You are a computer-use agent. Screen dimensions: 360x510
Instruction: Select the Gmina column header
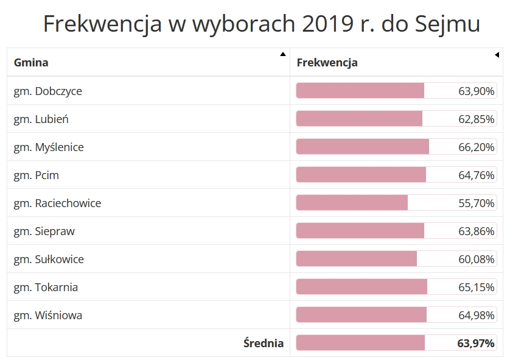(x=31, y=62)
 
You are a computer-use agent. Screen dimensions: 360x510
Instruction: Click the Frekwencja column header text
(x=327, y=62)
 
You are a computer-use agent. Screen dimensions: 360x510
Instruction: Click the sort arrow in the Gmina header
(x=282, y=54)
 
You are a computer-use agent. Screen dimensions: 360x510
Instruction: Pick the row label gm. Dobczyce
(x=47, y=91)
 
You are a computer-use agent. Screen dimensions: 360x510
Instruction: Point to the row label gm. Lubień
(x=41, y=119)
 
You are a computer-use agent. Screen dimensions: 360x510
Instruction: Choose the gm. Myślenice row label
(x=49, y=147)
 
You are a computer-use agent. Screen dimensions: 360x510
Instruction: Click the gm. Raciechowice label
(x=57, y=203)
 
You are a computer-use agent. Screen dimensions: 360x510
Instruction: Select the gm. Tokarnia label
(x=46, y=288)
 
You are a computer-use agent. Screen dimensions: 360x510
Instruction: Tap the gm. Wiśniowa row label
(x=47, y=316)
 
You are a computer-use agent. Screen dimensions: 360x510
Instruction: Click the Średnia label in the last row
(x=264, y=343)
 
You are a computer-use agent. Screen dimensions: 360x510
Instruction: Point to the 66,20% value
(x=477, y=147)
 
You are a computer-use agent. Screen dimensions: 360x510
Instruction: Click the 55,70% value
(x=477, y=203)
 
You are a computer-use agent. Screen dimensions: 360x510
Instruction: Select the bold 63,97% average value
(x=476, y=343)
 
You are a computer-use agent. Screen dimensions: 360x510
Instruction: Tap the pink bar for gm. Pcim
(x=361, y=175)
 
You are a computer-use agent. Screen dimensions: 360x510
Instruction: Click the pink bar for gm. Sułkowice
(x=357, y=259)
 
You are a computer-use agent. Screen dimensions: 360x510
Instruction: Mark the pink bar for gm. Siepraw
(x=360, y=231)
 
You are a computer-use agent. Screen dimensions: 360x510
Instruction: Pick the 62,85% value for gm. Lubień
(x=477, y=119)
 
